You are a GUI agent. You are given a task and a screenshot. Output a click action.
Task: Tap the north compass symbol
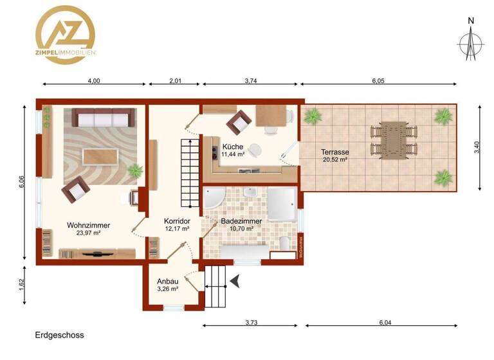(471, 42)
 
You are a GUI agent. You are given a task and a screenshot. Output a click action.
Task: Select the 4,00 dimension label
(93, 81)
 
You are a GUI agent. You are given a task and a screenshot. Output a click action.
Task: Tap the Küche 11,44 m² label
(233, 150)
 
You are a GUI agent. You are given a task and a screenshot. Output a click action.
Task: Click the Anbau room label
(168, 285)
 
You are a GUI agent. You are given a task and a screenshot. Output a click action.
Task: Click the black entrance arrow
(236, 280)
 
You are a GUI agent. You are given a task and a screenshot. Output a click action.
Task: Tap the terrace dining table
(390, 138)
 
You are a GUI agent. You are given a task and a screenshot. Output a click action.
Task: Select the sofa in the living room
(103, 118)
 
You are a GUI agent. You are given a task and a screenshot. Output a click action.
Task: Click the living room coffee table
(99, 156)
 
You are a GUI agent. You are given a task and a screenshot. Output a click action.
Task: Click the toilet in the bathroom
(284, 243)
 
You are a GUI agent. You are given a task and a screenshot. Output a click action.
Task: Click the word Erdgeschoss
(59, 335)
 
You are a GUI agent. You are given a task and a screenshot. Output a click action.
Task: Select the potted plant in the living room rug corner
(135, 171)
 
